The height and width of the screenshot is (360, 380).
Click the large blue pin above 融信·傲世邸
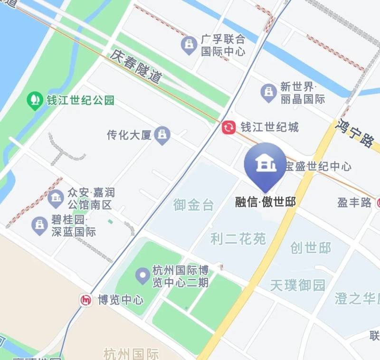tap(265, 164)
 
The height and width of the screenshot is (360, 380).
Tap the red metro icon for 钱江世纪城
tap(228, 127)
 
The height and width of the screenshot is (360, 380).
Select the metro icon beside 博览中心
tap(86, 300)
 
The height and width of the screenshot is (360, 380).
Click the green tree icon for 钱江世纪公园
tap(34, 100)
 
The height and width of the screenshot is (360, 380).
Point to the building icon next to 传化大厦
tap(163, 135)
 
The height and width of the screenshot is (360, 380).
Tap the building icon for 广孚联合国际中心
tap(190, 45)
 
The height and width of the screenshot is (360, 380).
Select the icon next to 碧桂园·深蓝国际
tap(39, 226)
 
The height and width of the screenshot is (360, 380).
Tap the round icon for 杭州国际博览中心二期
tap(142, 275)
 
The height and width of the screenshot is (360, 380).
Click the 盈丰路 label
tap(354, 203)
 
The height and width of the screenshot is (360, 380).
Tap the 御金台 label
tap(193, 205)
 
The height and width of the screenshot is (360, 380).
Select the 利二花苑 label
tap(238, 238)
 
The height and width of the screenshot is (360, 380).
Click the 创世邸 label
tap(311, 248)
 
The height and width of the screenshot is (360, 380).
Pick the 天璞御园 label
tap(298, 285)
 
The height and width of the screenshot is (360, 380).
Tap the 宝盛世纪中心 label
tap(318, 166)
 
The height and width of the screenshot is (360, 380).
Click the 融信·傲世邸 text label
tap(266, 202)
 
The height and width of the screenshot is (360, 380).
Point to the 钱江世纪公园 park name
tap(80, 101)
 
